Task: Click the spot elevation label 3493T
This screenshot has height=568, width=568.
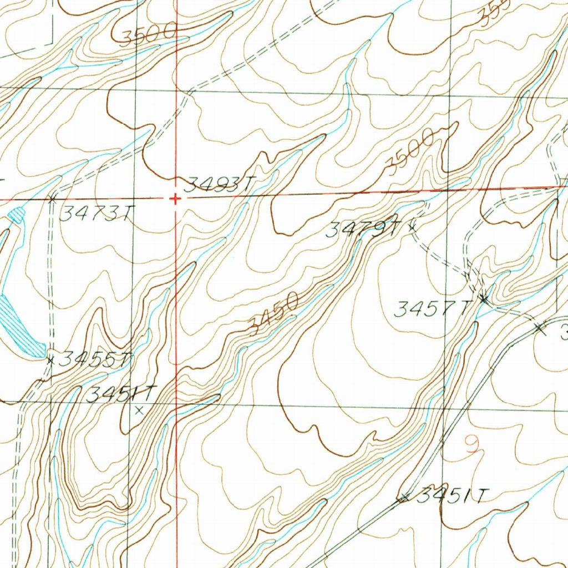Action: [x=221, y=184]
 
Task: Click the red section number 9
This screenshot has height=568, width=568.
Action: [x=472, y=445]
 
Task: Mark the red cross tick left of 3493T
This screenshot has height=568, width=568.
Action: [x=175, y=199]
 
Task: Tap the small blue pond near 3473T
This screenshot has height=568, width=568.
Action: [x=17, y=214]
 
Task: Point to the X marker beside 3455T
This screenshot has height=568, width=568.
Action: [x=50, y=361]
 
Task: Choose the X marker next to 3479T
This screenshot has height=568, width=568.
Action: [x=412, y=226]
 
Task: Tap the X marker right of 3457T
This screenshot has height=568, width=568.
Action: [x=484, y=300]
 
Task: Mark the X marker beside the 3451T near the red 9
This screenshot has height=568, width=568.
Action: [x=404, y=498]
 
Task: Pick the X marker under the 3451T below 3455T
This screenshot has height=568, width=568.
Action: [x=139, y=411]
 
